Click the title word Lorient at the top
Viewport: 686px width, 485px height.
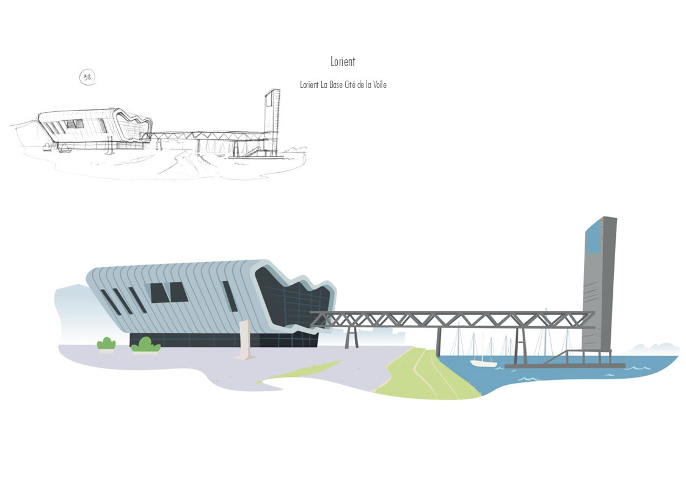[342, 62]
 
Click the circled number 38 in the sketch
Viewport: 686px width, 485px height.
[88, 77]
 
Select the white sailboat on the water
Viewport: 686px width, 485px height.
[483, 363]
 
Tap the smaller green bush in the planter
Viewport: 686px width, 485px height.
[106, 343]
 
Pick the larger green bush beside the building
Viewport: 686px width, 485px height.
[145, 345]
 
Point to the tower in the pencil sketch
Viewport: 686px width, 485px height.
[272, 119]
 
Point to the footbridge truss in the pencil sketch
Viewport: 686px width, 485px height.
[208, 135]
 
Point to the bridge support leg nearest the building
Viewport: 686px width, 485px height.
[351, 337]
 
